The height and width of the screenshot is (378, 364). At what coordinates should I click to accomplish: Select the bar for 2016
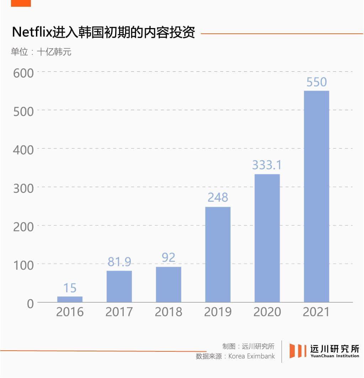click(70, 299)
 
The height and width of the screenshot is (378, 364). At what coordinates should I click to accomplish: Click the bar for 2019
click(218, 254)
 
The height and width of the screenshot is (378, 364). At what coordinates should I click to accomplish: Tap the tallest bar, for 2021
click(316, 196)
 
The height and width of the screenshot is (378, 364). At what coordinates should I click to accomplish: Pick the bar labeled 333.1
click(267, 238)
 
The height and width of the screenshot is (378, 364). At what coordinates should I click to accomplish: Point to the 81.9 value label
click(119, 262)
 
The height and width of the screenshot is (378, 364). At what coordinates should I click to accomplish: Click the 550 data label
click(316, 82)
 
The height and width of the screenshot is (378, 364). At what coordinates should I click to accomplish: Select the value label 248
click(218, 198)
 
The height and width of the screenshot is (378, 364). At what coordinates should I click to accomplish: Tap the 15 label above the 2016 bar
click(70, 288)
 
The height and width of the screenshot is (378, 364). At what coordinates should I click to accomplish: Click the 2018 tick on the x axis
click(168, 312)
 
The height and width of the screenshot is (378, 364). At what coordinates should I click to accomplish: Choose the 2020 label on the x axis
click(267, 312)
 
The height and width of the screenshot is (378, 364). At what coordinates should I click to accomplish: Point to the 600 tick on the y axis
click(23, 73)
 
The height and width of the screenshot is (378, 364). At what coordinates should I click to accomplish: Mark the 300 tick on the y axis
click(23, 188)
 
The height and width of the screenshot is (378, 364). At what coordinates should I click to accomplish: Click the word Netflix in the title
click(32, 33)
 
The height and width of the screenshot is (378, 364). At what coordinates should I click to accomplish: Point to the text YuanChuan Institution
click(334, 356)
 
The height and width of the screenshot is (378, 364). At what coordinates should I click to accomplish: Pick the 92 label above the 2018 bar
click(168, 258)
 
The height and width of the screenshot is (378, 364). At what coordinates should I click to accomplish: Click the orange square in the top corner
click(21, 3)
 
